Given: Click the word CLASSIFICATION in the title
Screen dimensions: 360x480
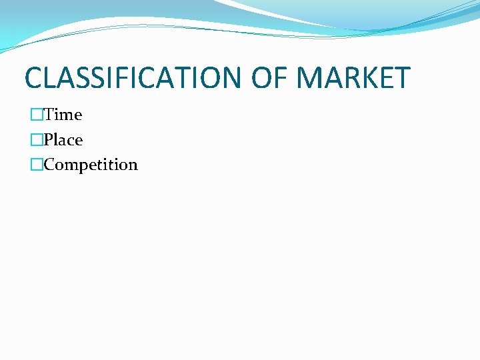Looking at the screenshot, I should click(134, 78).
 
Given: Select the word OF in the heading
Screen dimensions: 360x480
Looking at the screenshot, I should click(269, 78).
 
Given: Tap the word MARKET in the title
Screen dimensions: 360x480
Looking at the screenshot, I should click(353, 78).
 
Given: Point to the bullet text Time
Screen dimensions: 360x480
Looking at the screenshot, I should click(63, 115).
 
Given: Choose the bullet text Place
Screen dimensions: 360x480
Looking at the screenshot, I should click(63, 140).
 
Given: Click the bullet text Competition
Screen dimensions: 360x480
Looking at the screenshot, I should click(91, 165).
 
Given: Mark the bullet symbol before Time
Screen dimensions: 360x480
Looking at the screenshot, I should click(36, 115).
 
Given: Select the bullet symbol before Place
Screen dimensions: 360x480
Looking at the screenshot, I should click(36, 140).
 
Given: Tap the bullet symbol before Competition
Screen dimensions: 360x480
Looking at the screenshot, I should click(36, 165).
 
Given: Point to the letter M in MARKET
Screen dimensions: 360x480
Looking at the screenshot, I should click(310, 78).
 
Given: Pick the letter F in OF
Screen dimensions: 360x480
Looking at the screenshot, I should click(280, 78).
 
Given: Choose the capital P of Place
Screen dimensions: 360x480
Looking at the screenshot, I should click(49, 140).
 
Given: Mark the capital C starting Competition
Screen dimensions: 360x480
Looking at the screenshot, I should click(49, 165).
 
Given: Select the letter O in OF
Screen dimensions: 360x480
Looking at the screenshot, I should click(261, 78).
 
